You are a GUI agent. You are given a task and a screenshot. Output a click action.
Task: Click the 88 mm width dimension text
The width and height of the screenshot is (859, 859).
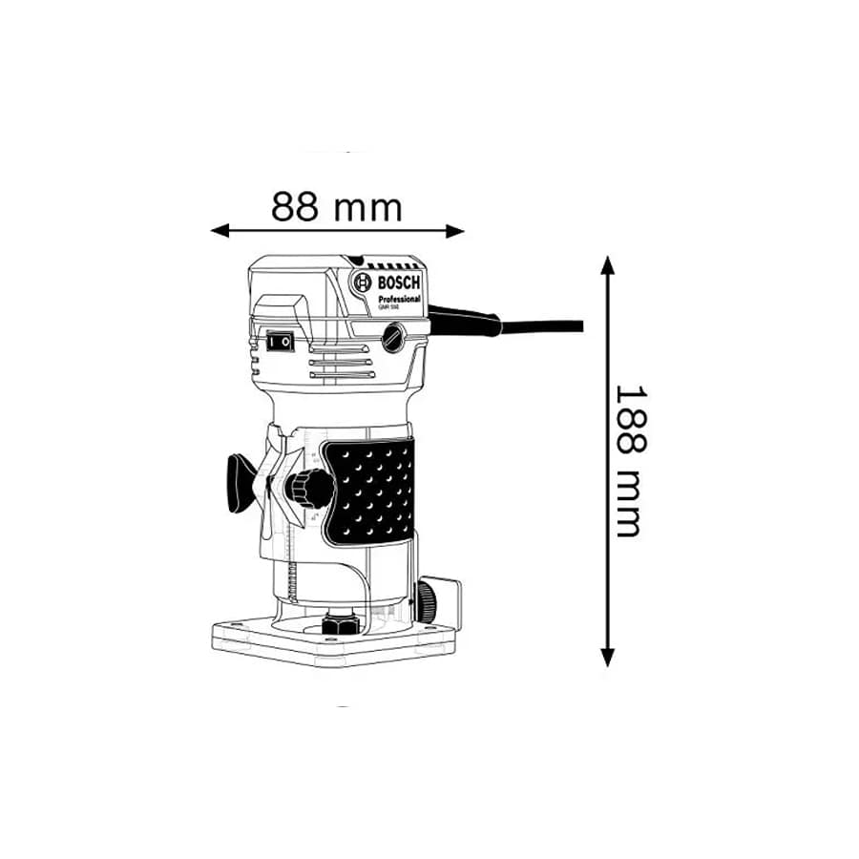point(337,206)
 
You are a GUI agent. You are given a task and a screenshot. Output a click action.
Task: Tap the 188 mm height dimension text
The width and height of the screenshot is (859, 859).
point(627,461)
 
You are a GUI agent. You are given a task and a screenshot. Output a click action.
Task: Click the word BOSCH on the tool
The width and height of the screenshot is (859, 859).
point(399,282)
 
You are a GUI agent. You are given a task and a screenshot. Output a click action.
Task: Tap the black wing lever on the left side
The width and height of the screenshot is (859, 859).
point(237,484)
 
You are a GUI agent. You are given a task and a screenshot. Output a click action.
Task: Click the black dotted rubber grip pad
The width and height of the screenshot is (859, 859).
point(370,491)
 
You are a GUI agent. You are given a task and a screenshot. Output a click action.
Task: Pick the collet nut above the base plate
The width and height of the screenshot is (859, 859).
point(340,623)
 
